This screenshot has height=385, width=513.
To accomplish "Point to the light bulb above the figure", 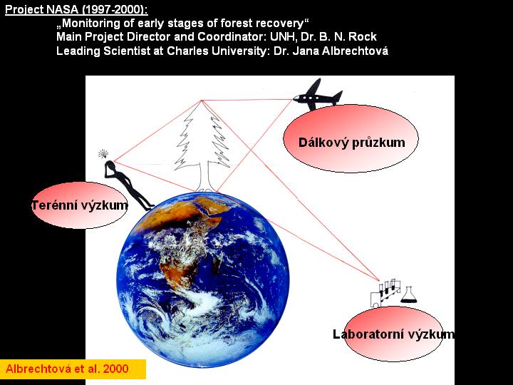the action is pos(103,153).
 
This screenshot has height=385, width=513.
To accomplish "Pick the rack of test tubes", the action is pos(385,293).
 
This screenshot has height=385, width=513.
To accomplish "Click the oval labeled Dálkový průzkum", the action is pos(351,139).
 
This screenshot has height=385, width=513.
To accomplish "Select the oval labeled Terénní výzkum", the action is pos(80,205).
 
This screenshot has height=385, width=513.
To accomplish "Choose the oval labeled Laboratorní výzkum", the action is pos(394,334).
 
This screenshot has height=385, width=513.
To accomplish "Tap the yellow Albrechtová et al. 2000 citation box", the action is pos(73,369).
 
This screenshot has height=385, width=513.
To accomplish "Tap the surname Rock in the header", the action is pos(363,36).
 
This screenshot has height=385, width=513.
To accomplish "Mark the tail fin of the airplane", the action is pos(337,96).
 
